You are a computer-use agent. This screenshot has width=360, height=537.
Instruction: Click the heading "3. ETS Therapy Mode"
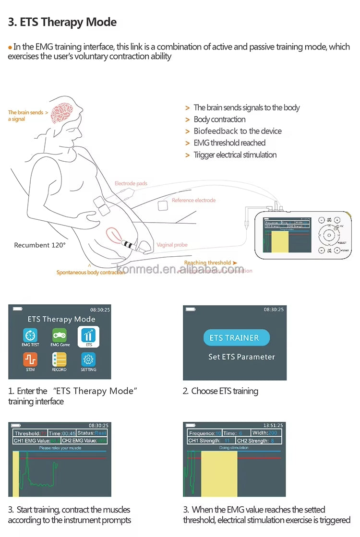click(62, 22)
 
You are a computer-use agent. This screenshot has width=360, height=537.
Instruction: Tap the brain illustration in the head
click(65, 113)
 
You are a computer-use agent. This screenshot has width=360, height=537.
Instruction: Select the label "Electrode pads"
click(131, 183)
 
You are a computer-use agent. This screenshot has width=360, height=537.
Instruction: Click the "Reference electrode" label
click(193, 200)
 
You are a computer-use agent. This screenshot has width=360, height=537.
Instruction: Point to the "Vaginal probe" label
click(172, 245)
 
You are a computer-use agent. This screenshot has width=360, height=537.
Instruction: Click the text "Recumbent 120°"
click(40, 245)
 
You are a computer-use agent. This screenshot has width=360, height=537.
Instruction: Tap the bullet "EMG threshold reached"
click(229, 143)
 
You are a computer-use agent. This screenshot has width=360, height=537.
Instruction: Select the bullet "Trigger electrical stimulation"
click(235, 155)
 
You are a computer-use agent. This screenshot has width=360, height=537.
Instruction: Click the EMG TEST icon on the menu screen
click(31, 335)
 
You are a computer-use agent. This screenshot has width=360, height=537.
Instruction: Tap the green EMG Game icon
click(60, 335)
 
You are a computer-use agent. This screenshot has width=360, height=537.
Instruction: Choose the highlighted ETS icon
click(88, 336)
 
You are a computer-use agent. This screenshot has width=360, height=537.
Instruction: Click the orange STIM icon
click(30, 360)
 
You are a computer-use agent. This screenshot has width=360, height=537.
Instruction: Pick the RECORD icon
click(59, 360)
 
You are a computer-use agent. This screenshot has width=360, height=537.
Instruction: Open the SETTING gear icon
click(88, 360)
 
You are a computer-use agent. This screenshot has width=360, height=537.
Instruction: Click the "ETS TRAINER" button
click(234, 338)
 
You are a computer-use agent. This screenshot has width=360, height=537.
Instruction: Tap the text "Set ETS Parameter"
click(241, 357)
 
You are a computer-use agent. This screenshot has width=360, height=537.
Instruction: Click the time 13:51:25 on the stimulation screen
click(273, 425)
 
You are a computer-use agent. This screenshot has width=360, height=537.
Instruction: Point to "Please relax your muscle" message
click(60, 448)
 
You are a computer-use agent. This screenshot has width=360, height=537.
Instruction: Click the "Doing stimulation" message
click(234, 447)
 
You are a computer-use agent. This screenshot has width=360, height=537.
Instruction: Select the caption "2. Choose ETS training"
click(220, 391)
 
